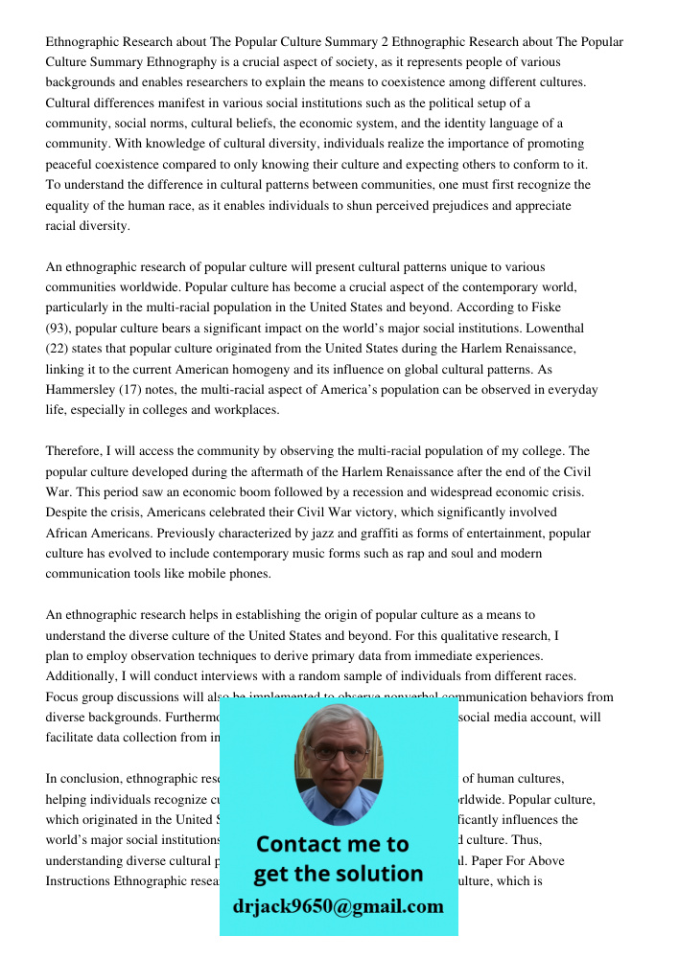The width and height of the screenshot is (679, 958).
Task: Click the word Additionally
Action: click(x=84, y=676)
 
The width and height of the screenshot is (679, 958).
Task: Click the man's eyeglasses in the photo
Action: click(x=339, y=753)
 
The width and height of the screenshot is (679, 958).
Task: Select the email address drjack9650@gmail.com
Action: click(x=338, y=906)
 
